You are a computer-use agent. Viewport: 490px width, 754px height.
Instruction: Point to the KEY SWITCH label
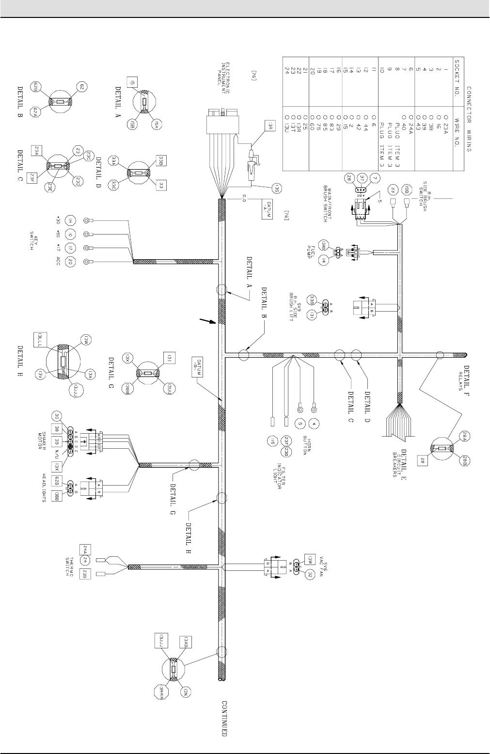(33, 243)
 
